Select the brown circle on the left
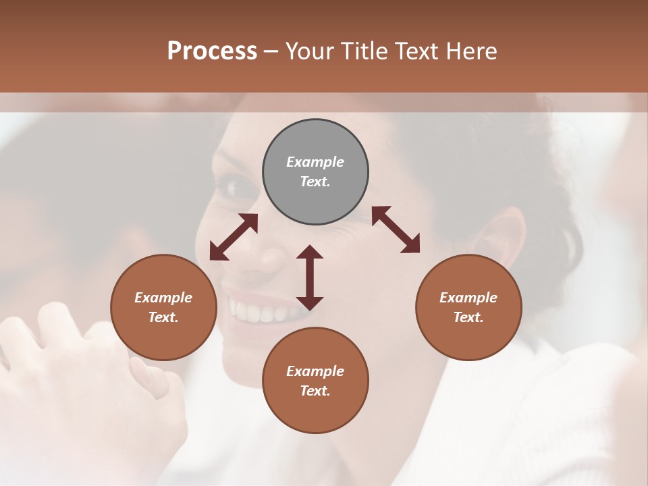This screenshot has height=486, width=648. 163,307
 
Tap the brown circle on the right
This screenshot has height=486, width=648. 468,307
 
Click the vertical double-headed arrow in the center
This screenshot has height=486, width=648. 310,277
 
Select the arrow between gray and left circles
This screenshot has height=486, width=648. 234,237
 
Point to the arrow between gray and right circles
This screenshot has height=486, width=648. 396,230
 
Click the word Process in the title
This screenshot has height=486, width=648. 212,51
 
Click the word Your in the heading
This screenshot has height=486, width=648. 310,51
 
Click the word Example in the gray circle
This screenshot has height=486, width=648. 315,162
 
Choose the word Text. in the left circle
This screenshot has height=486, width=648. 163,317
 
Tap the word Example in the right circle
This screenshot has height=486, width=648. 468,298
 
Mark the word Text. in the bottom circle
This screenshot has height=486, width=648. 315,391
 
